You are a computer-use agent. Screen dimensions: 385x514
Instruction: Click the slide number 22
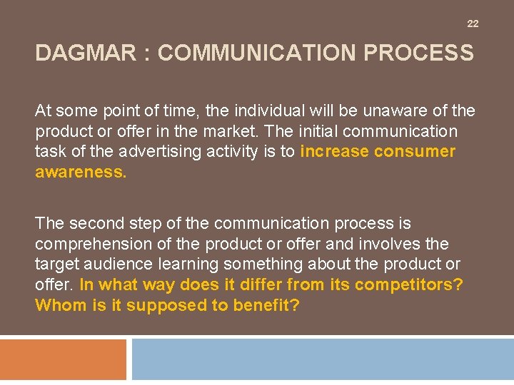pos(473,24)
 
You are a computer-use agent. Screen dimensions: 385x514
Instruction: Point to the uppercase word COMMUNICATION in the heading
pos(271,53)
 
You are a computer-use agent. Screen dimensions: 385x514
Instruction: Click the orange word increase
pos(334,152)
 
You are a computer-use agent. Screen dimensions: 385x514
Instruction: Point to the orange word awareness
pos(80,173)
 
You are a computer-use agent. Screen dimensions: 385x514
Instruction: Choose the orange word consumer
pos(414,152)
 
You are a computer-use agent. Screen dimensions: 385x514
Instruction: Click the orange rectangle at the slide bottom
pos(64,360)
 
